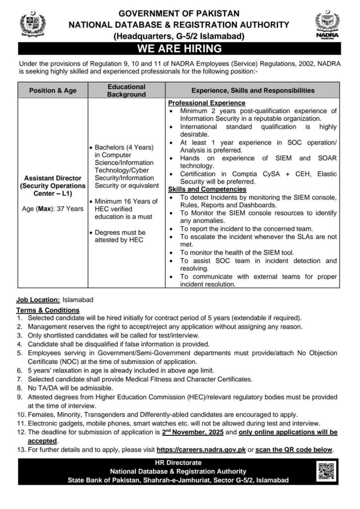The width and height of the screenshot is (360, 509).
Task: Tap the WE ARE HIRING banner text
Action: (180, 48)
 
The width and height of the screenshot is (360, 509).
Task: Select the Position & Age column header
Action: (53, 90)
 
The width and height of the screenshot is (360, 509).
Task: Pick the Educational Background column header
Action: (126, 90)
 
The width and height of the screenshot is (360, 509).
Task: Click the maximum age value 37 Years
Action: (70, 209)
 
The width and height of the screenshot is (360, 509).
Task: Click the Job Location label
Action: (38, 300)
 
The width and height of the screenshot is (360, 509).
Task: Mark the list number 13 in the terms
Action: (20, 450)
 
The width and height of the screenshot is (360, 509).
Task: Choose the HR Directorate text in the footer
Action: (180, 463)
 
